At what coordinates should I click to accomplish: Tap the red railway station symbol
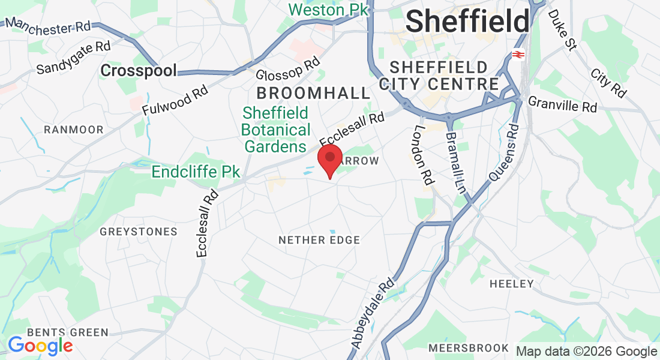[518, 55]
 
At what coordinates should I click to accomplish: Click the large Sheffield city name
[467, 22]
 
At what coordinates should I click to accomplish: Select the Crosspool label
[139, 71]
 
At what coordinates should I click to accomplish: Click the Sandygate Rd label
[74, 58]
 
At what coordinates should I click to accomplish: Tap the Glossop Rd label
[288, 70]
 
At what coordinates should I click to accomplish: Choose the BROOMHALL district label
[313, 93]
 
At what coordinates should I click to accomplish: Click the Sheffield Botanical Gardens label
[275, 130]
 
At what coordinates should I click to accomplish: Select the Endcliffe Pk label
[196, 172]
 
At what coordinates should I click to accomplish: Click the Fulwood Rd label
[175, 100]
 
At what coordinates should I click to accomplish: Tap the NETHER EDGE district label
[319, 240]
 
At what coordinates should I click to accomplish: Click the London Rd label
[424, 154]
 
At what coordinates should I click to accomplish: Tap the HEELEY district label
[511, 283]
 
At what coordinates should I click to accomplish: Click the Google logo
[40, 346]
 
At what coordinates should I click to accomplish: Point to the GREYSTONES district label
[139, 232]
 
